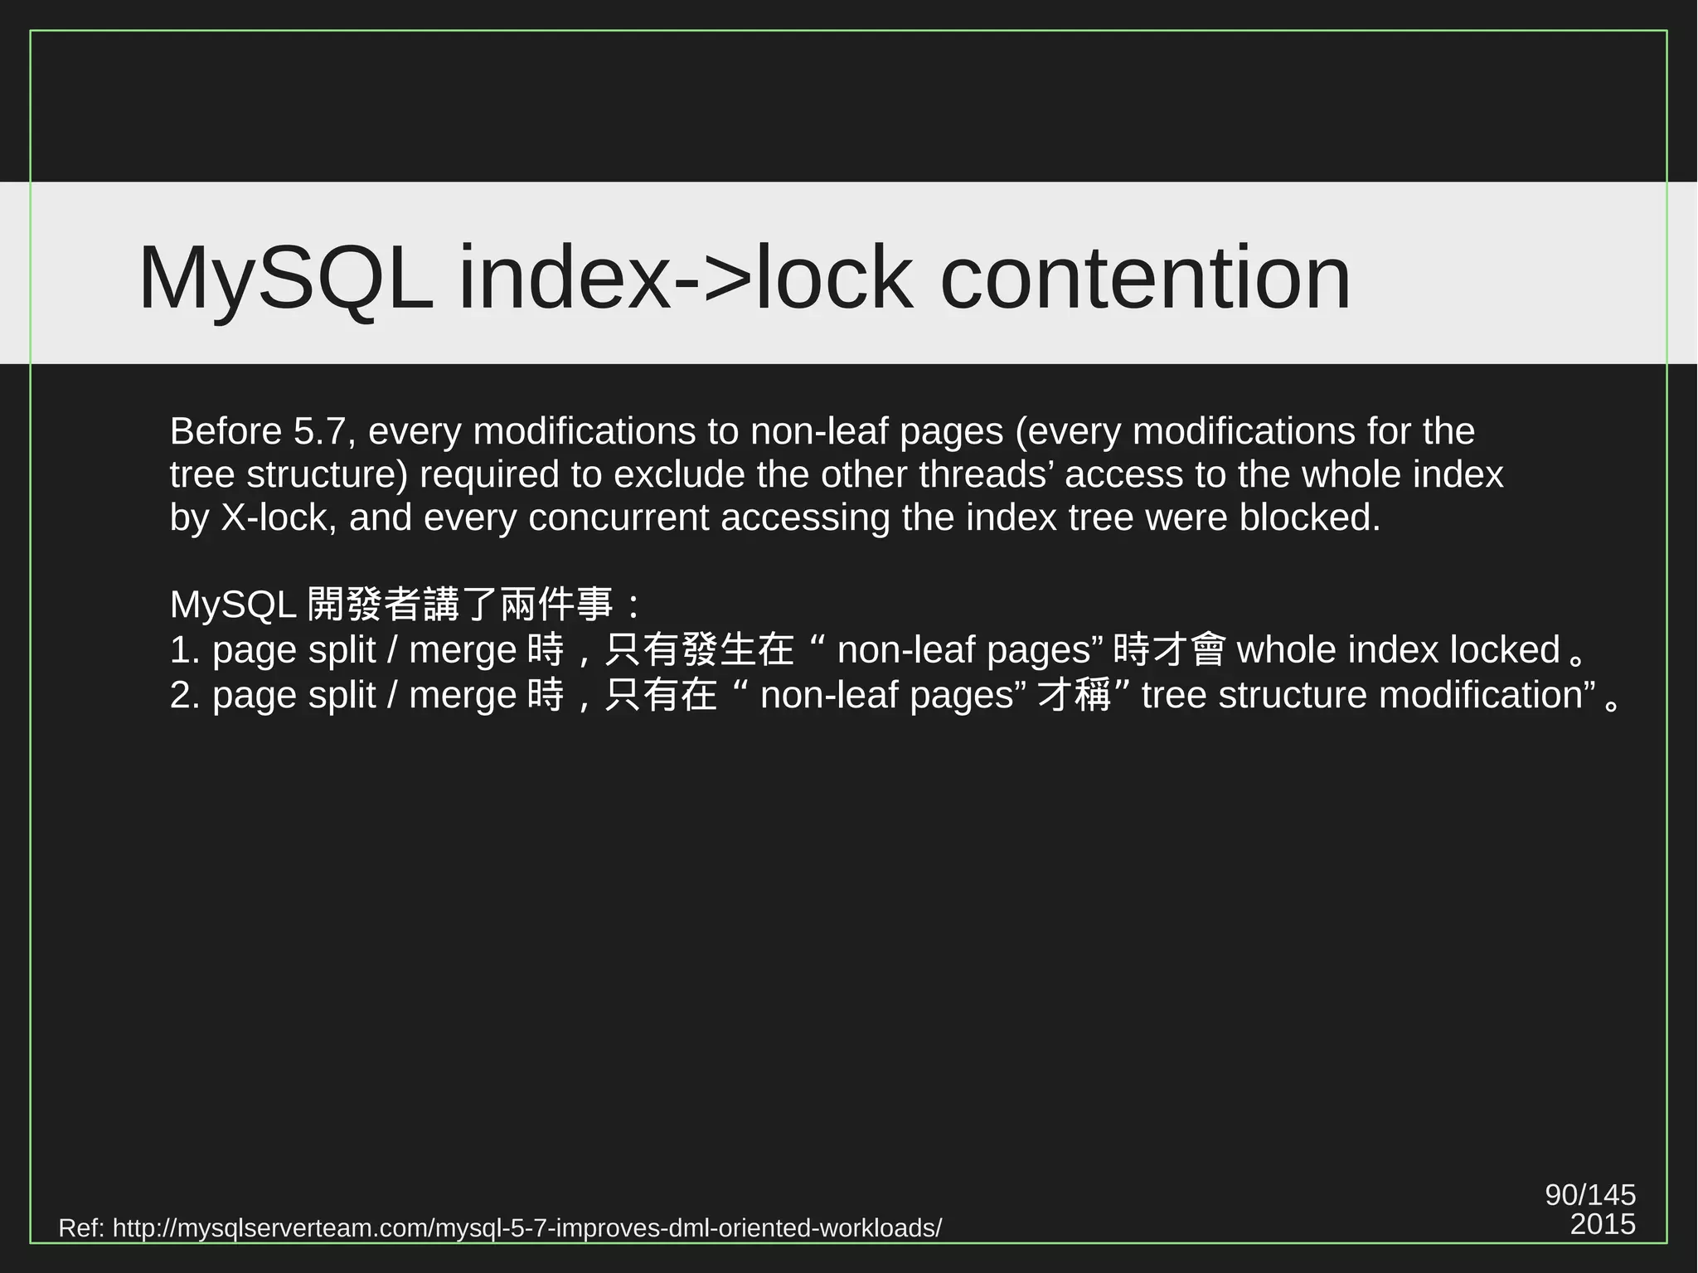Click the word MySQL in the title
point(285,279)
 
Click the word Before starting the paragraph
point(226,431)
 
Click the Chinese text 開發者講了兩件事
point(460,605)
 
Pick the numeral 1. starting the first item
point(186,650)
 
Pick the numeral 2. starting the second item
point(186,695)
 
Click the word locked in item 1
point(1505,650)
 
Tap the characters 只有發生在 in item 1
point(699,650)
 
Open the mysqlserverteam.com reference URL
point(526,1228)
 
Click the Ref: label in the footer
point(81,1228)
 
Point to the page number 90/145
point(1590,1195)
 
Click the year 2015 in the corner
point(1603,1225)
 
